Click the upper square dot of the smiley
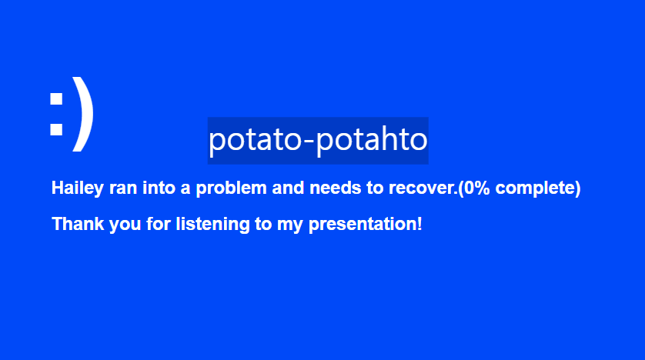coord(56,98)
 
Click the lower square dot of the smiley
coord(56,129)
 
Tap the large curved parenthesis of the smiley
coord(83,114)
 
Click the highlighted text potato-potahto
coord(318,140)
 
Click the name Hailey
coord(77,188)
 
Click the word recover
coord(422,188)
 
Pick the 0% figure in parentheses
coord(476,188)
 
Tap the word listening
coord(212,225)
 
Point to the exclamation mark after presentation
coord(419,224)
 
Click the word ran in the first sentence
coord(123,188)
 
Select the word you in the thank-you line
coord(125,225)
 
